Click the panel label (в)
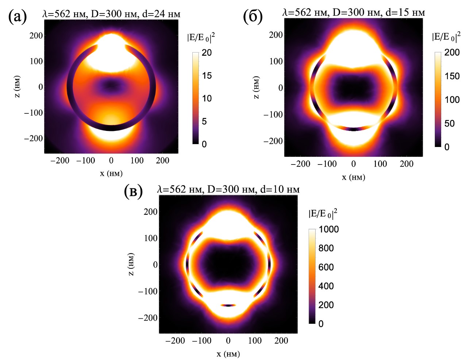click(x=133, y=191)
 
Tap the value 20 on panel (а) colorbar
click(x=207, y=53)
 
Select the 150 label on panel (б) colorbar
click(x=452, y=76)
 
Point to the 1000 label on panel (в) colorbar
click(x=328, y=229)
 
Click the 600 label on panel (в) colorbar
click(x=326, y=267)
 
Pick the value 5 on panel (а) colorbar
click(x=204, y=121)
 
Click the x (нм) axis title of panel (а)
click(x=111, y=173)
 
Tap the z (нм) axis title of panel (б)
click(x=256, y=88)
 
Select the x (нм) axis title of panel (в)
click(x=228, y=354)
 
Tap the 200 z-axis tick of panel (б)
click(x=276, y=35)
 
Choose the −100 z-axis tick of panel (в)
click(x=147, y=291)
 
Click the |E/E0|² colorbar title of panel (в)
click(x=323, y=214)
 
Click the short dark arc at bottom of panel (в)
click(x=228, y=305)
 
